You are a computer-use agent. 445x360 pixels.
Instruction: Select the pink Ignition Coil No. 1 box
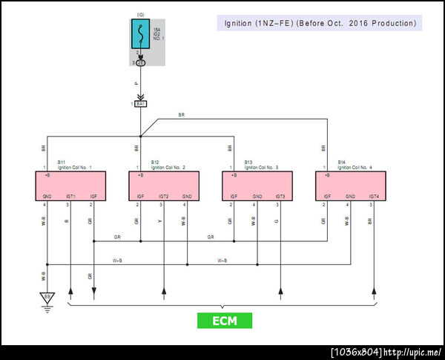click(x=70, y=186)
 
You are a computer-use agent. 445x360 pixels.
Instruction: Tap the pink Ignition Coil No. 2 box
click(x=164, y=186)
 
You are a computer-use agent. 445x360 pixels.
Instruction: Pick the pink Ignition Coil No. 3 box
click(x=257, y=186)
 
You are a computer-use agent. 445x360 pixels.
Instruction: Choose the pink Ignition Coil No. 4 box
click(x=351, y=186)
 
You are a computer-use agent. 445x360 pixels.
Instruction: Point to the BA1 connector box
click(x=140, y=103)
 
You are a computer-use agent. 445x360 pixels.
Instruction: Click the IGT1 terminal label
click(x=70, y=197)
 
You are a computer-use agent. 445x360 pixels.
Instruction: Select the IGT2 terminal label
click(x=164, y=197)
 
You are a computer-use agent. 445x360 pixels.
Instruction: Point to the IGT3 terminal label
click(x=280, y=197)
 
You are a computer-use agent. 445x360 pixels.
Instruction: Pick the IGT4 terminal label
click(x=373, y=197)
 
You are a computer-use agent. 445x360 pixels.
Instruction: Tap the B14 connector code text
click(x=341, y=162)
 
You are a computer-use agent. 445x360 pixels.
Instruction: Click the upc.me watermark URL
click(x=412, y=352)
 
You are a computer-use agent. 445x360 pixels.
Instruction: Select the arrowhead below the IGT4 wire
click(x=374, y=290)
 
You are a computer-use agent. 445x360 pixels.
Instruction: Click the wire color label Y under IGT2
click(x=159, y=221)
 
